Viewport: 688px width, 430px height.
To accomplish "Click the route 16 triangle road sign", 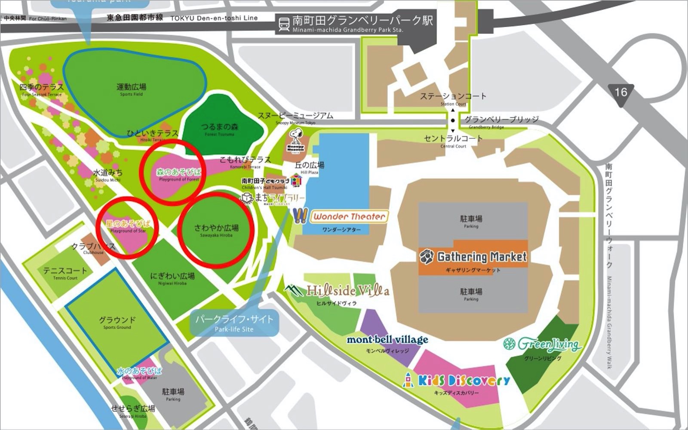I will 620,93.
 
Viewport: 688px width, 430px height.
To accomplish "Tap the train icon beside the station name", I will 284,24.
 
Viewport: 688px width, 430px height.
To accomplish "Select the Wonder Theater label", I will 349,217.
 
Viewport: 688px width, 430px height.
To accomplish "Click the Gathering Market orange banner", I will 473,257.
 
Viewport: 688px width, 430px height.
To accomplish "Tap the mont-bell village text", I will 387,340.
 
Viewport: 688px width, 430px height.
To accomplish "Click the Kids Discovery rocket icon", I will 408,380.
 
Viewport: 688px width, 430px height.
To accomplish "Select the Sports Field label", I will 132,89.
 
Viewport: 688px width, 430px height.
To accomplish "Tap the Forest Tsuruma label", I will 220,129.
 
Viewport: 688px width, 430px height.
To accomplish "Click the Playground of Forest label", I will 178,175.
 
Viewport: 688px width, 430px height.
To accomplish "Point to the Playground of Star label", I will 128,226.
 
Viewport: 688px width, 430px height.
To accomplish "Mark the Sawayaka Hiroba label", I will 216,230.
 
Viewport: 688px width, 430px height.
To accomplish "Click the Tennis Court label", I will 65,273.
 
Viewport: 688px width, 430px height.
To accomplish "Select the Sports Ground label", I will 117,322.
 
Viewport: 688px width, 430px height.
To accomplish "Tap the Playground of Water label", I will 139,373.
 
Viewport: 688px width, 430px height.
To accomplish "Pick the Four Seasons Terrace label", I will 42,89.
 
